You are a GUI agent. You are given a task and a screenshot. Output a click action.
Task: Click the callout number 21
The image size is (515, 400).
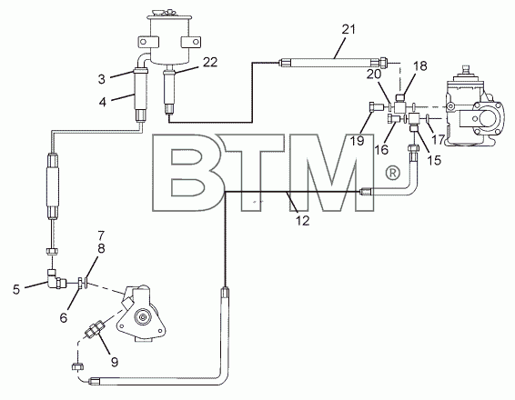pos(348,29)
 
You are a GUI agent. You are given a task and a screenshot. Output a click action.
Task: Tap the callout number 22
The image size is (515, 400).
pos(210,62)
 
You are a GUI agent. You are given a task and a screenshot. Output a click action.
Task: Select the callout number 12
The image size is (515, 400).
pos(302,221)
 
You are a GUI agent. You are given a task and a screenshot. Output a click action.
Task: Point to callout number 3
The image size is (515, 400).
pos(102,79)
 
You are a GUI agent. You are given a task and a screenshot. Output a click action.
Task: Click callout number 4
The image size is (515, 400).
pos(103,102)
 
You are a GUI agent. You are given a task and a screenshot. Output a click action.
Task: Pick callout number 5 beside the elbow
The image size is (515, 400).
pos(16,289)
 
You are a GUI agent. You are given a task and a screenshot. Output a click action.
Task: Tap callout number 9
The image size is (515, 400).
pos(115,362)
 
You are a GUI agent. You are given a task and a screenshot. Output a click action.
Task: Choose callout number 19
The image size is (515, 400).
pos(357,141)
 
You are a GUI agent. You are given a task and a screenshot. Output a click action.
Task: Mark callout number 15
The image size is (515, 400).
pos(434,160)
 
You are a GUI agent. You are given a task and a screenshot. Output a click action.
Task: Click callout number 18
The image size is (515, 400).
pos(420,66)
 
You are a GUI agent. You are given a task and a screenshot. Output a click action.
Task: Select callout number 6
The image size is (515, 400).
pos(64,317)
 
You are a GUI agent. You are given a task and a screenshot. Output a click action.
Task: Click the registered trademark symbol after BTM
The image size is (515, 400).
pos(392,173)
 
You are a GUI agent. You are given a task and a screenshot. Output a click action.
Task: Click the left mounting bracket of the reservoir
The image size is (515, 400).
pos(148,42)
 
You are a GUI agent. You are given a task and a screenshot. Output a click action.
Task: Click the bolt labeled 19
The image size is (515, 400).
pos(376,107)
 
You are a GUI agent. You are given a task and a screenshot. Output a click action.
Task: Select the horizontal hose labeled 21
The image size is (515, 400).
pos(333,63)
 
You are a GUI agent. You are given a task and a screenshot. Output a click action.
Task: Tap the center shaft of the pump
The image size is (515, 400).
pos(143,317)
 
